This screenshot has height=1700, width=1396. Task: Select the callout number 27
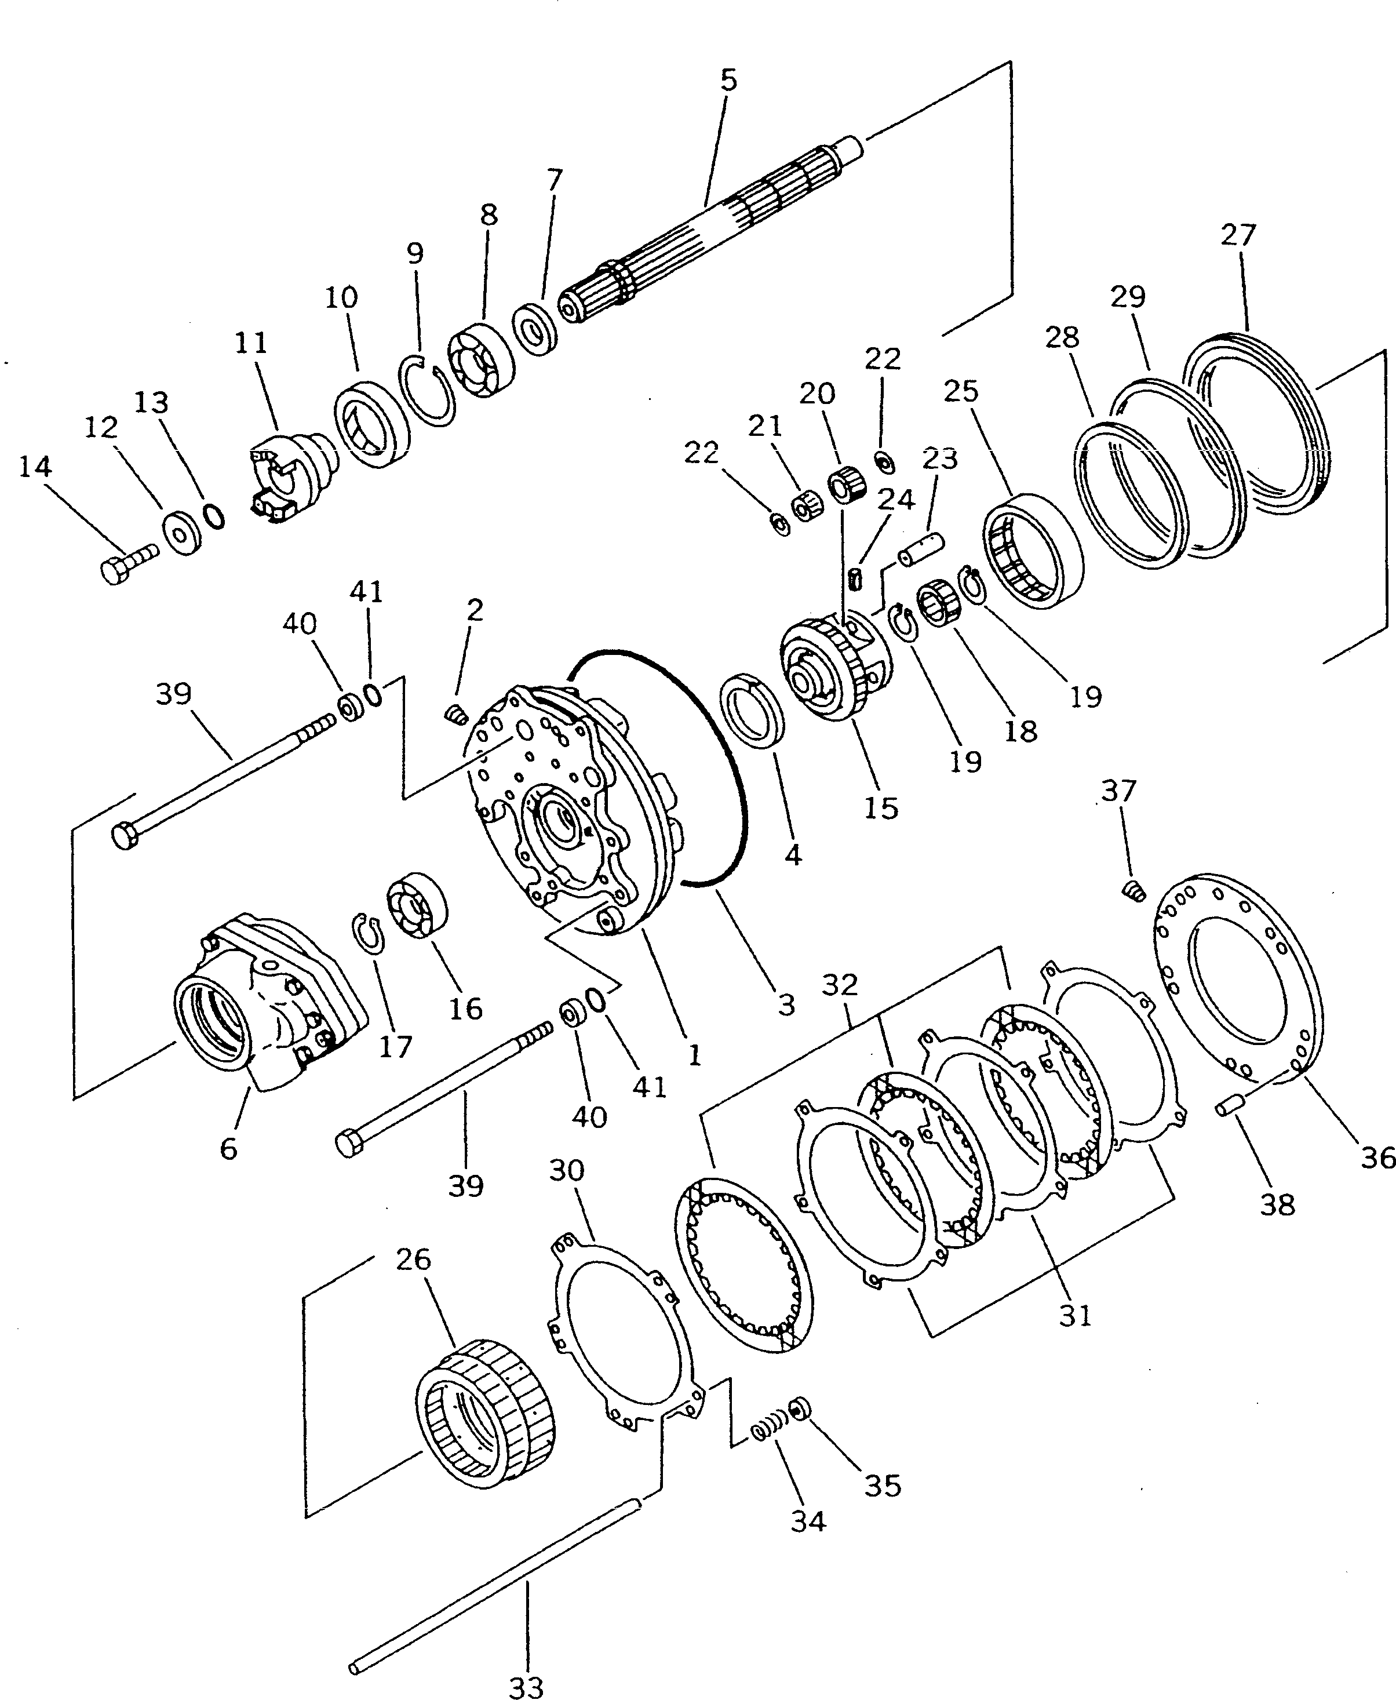click(x=1238, y=235)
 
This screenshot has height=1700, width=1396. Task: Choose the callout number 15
click(x=881, y=807)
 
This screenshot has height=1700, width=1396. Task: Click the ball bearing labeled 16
click(x=417, y=905)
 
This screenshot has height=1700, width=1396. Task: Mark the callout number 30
click(x=566, y=1170)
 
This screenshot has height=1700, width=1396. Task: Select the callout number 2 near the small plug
click(x=475, y=610)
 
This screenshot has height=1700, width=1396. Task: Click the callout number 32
click(x=840, y=984)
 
